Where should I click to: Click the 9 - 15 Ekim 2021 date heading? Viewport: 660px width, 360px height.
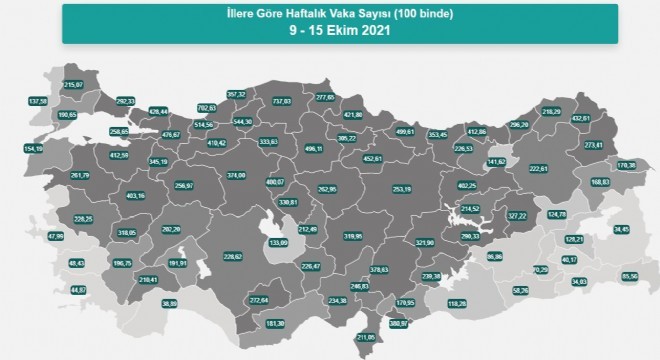tap(329, 31)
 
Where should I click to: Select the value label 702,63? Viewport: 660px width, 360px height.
tap(208, 107)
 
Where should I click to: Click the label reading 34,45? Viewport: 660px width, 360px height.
tap(620, 230)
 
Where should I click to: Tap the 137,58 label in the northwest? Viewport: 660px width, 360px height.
tap(38, 101)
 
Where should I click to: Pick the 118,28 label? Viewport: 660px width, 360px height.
tap(457, 303)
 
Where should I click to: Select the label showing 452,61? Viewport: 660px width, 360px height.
tap(372, 157)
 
